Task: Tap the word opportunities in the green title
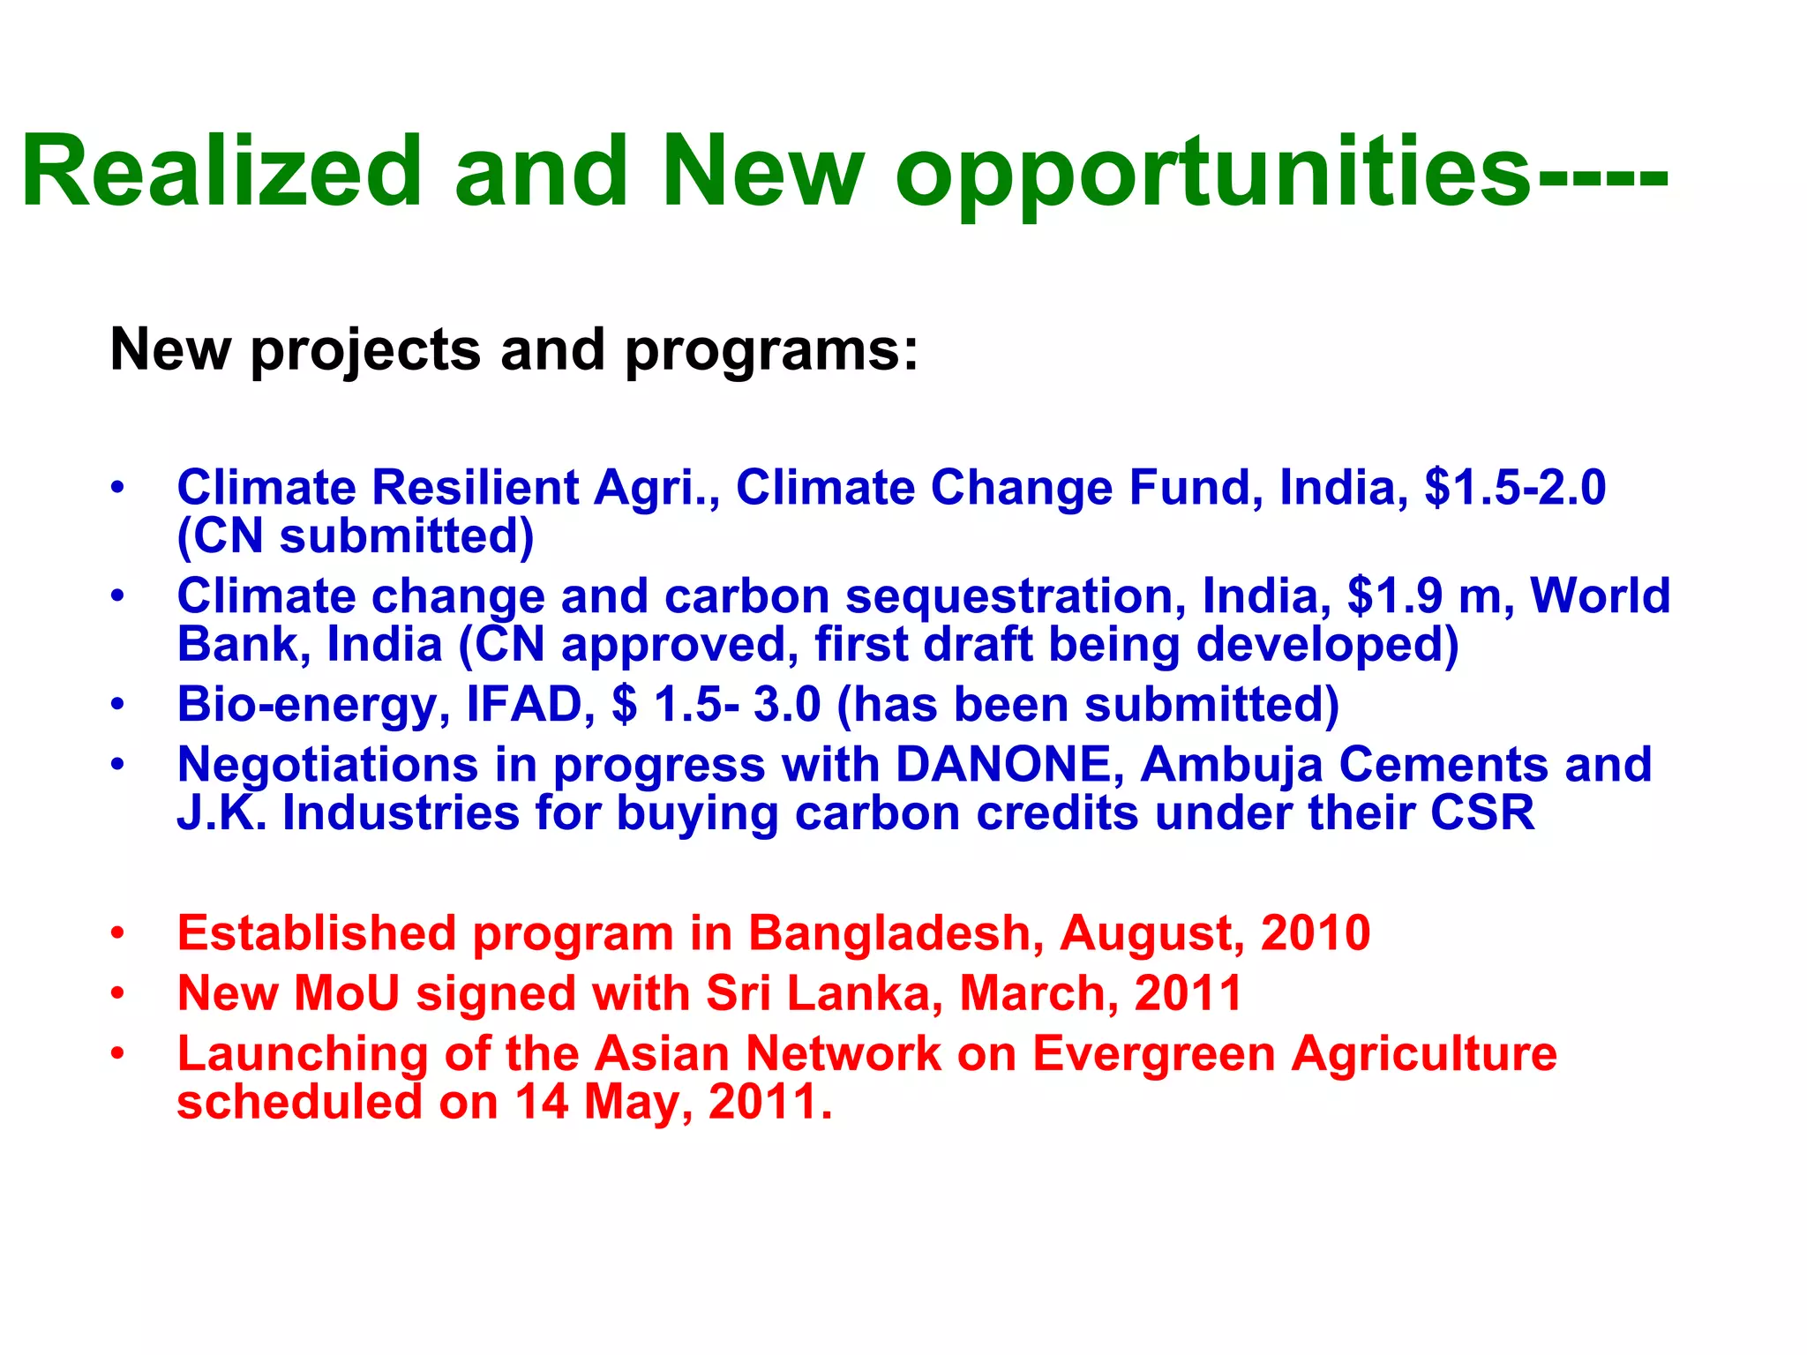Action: click(1213, 174)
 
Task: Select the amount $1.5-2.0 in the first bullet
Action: click(1515, 488)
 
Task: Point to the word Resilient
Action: click(475, 488)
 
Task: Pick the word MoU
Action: click(347, 994)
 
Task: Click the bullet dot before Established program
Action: click(118, 934)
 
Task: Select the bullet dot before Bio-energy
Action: click(118, 706)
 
